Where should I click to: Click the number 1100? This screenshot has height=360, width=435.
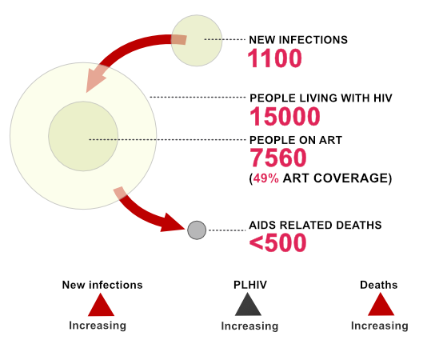coord(274,58)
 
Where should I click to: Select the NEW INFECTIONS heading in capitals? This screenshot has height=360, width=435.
coord(298,40)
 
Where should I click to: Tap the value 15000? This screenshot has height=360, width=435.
coord(285,117)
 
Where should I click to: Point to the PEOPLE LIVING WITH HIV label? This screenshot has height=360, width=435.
coord(321,98)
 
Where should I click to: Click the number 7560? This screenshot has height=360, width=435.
coord(278,158)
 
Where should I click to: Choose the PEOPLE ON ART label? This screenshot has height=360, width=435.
coord(296,140)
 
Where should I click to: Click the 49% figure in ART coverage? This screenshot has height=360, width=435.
coord(265,178)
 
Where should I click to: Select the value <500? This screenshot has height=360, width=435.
coord(277,243)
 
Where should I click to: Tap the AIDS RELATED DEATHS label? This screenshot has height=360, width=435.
coord(315,225)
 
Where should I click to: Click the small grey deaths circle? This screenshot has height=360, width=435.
coord(197,230)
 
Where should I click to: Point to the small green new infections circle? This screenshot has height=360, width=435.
coord(197,41)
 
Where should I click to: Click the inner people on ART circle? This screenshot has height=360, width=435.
coord(83,136)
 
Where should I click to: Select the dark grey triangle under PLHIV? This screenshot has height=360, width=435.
coord(248,305)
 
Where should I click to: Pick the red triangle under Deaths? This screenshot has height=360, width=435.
coord(381,305)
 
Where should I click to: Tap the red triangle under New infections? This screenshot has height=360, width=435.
coord(101,305)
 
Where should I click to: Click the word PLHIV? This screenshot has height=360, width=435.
coord(250,285)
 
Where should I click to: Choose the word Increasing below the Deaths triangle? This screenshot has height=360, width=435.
coord(380,326)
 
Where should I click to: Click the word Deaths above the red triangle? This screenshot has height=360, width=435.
coord(379,285)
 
